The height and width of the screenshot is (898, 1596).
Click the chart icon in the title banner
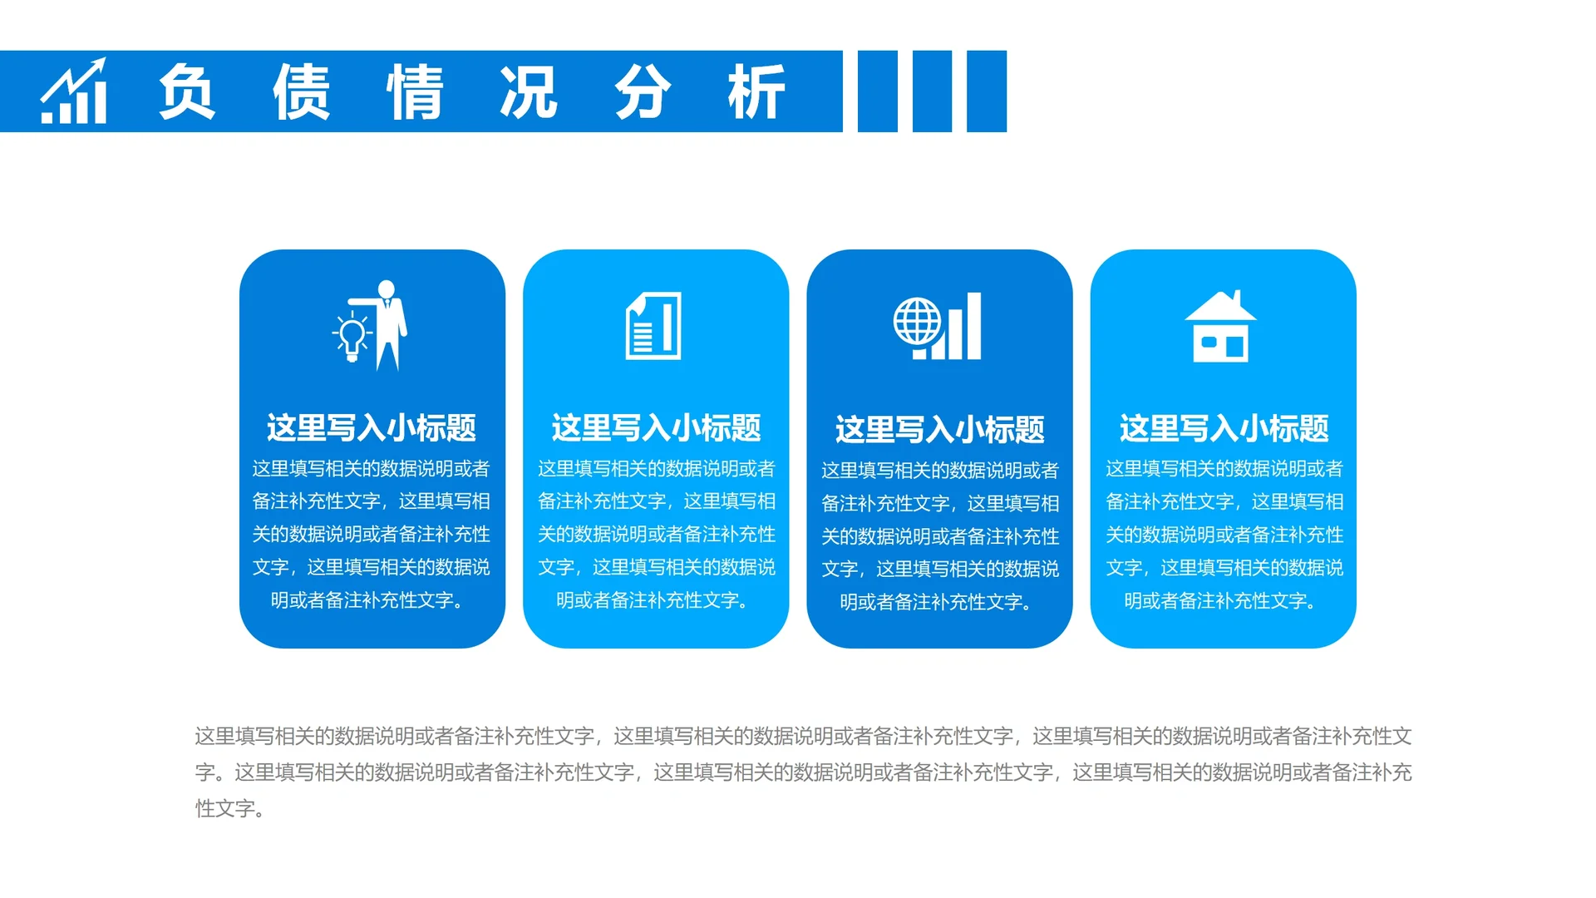[74, 91]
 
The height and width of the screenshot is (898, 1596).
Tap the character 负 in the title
[187, 91]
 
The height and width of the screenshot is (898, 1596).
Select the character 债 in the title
[302, 91]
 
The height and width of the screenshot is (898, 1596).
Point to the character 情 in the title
[415, 91]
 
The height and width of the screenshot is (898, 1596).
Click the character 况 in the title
[529, 91]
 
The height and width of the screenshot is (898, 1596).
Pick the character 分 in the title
[643, 91]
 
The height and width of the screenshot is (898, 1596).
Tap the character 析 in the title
[756, 91]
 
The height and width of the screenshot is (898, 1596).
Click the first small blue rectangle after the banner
[877, 91]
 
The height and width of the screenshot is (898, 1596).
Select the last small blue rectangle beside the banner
[987, 91]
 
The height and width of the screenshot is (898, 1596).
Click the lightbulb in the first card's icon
[352, 337]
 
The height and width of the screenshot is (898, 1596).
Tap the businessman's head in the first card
[387, 289]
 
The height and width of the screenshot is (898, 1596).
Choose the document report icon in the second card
[653, 326]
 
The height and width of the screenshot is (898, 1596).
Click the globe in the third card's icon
[917, 321]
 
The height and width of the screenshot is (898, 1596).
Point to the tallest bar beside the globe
[973, 326]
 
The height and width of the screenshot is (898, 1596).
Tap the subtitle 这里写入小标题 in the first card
[372, 428]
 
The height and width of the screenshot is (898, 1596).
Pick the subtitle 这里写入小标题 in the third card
[939, 430]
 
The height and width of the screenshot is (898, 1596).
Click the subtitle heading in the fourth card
[1224, 429]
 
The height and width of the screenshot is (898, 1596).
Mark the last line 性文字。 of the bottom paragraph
[230, 808]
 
